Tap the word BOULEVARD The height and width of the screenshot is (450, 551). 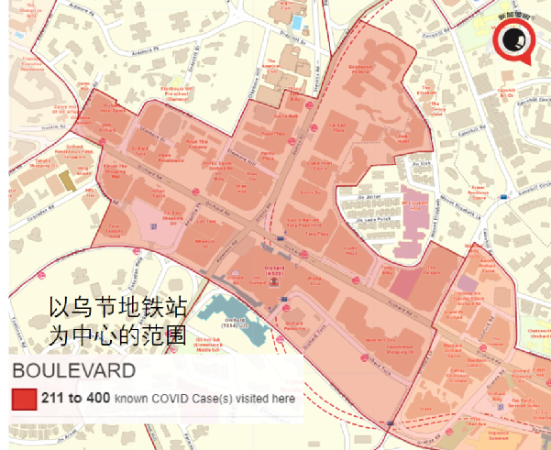pyautogui.click(x=73, y=371)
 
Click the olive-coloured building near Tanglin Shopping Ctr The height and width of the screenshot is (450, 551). pyautogui.click(x=66, y=176)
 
